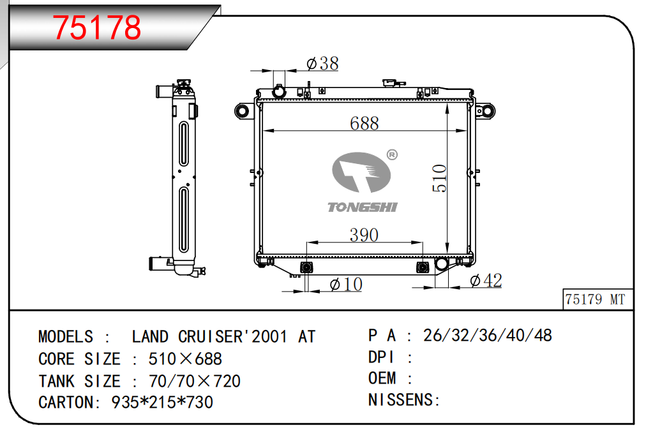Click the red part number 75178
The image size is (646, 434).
pos(97,27)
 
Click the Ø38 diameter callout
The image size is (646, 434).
pos(322,63)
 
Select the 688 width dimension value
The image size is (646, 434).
pos(364,123)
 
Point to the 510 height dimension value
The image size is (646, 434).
pos(440,178)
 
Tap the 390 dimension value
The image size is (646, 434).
pos(364,235)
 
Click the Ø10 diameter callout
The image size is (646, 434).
pos(346,284)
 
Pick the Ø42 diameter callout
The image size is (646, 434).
pos(486,281)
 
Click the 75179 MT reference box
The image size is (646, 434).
pos(597,299)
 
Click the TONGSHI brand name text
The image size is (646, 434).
pos(363,207)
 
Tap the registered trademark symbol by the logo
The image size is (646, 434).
pos(392,155)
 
